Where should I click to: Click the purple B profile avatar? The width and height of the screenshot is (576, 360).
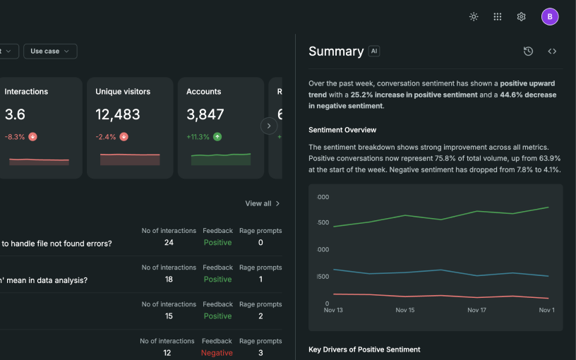(x=550, y=16)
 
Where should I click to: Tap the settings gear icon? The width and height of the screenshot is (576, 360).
(x=521, y=16)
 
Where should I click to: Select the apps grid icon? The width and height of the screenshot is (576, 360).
(x=498, y=16)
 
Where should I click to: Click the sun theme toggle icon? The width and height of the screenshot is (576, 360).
(x=474, y=16)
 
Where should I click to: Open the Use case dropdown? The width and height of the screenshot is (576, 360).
(x=50, y=51)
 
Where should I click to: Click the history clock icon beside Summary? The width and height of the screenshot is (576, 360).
(x=528, y=51)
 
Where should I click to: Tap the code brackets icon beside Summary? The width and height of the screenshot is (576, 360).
(x=552, y=51)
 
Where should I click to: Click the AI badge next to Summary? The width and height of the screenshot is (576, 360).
(x=374, y=51)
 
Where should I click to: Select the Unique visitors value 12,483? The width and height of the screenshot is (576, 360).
(x=118, y=114)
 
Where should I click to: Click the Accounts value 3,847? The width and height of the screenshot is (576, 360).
(x=205, y=114)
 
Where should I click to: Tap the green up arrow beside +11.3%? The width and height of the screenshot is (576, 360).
(x=217, y=137)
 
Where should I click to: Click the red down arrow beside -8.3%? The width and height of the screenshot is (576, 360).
(x=32, y=137)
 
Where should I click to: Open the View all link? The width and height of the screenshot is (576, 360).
(x=263, y=203)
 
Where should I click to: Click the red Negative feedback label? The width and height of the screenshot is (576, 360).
(x=217, y=353)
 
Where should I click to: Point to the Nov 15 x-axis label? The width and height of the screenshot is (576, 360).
(x=404, y=310)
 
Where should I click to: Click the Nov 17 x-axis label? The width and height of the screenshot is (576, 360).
(x=476, y=310)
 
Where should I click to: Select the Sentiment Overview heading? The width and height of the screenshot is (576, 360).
(x=342, y=130)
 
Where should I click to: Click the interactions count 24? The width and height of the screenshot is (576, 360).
(x=169, y=242)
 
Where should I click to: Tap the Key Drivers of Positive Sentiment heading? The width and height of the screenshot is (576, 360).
(x=364, y=349)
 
